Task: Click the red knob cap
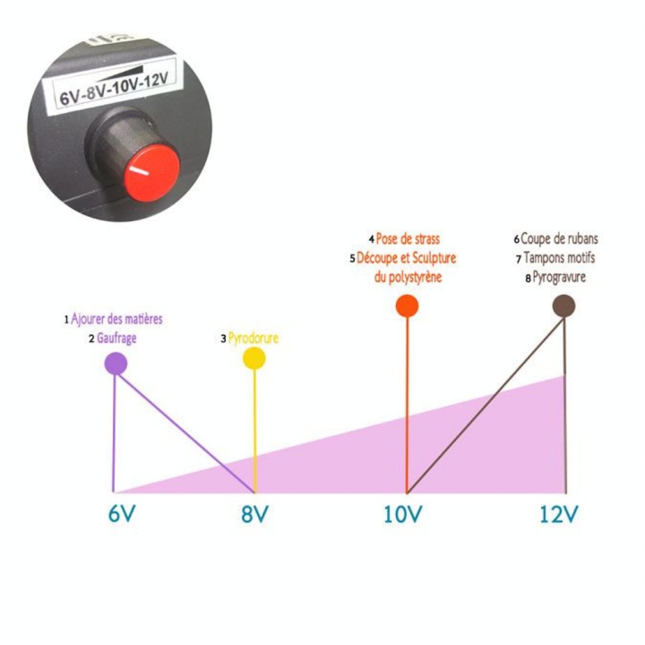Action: click(x=151, y=175)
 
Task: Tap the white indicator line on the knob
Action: click(x=139, y=171)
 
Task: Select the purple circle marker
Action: click(x=116, y=364)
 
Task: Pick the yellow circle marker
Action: click(x=254, y=357)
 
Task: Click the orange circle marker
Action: click(x=408, y=306)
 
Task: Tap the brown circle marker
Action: click(x=563, y=306)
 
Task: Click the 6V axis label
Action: click(x=122, y=514)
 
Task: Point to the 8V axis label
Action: click(x=254, y=514)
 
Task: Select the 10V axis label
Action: click(x=402, y=514)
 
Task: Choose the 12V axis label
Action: click(x=559, y=514)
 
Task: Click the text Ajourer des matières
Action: click(x=116, y=319)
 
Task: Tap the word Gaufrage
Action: click(x=116, y=339)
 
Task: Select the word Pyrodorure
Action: click(x=254, y=338)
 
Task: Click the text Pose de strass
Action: click(x=408, y=238)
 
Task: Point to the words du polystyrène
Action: click(x=408, y=277)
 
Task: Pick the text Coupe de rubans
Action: click(x=559, y=238)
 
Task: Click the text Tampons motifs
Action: click(x=559, y=258)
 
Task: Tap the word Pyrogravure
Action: click(x=559, y=277)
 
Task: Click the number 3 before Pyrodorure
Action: click(x=223, y=339)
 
